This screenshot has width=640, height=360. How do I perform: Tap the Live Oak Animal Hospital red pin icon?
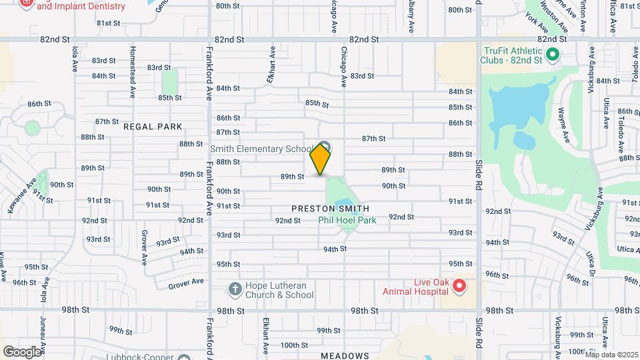459,287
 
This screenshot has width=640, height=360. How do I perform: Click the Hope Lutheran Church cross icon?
235,289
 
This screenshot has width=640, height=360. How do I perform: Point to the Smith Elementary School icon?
325,147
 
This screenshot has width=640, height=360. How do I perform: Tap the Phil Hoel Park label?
347,220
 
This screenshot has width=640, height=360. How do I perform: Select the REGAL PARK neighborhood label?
153,126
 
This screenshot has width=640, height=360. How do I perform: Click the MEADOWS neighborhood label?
345,356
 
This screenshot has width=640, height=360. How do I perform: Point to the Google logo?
22,352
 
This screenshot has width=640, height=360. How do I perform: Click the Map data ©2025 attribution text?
611,354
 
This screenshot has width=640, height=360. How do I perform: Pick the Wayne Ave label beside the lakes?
564,125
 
